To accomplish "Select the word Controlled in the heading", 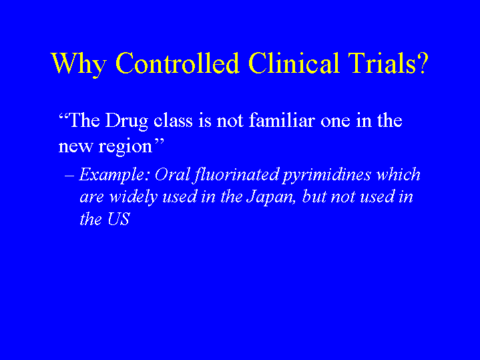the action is coord(177,63).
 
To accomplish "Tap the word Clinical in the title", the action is coord(294,63).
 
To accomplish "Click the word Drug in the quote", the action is coord(126,122).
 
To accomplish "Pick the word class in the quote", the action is coord(173,120).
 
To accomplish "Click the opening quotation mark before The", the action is coord(63,117).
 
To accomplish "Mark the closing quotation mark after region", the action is coord(159,142).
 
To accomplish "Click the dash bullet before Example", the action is coord(69,176).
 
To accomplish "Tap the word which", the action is coord(398,174).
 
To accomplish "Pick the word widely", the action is coord(134,198).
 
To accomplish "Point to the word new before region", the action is coord(75,147).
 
